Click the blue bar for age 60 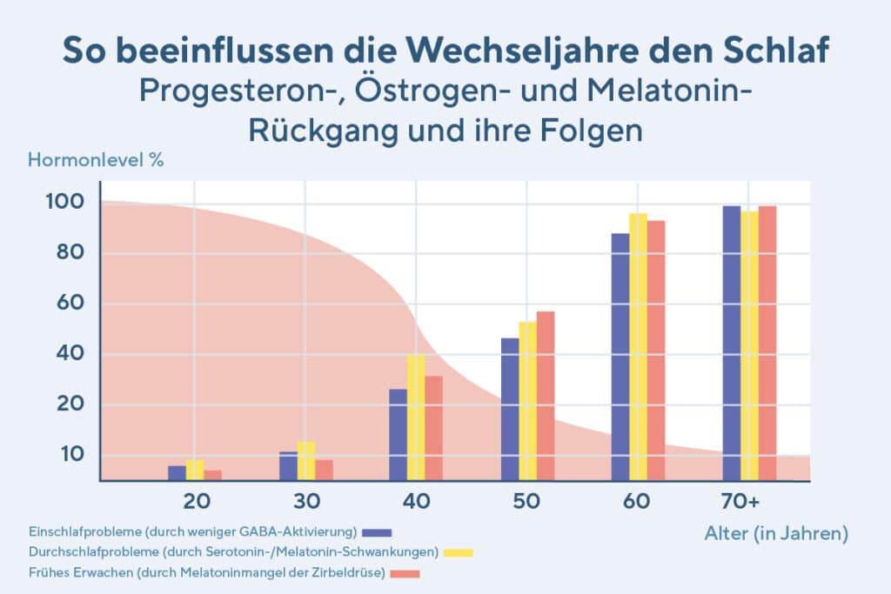pos(620,357)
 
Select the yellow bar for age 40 pos(416,417)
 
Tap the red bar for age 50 pos(546,396)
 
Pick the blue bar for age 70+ pos(731,343)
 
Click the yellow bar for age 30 pos(306,461)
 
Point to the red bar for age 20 pos(213,475)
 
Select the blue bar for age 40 pos(398,434)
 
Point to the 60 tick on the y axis pos(68,304)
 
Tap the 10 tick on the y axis pos(68,454)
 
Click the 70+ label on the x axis pos(740,502)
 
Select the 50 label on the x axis pos(527,502)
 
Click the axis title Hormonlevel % pos(96,160)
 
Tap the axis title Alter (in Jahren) pos(775,533)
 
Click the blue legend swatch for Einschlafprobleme pos(379,531)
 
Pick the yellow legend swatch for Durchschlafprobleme pos(459,552)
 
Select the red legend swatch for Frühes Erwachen pos(405,573)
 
